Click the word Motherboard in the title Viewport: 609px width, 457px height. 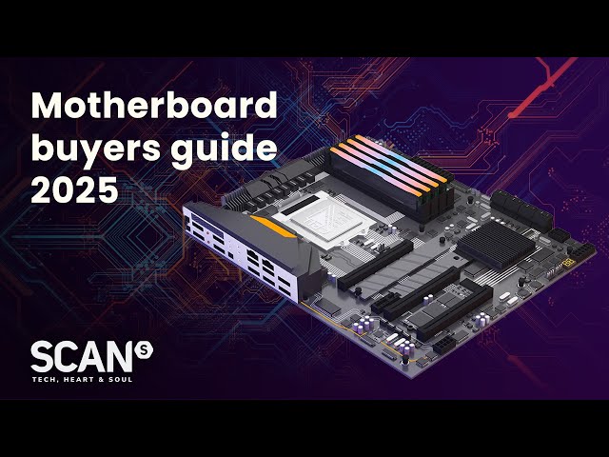[154, 105]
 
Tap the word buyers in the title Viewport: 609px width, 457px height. [95, 149]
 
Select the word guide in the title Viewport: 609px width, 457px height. [225, 149]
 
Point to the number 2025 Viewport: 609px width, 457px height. [74, 189]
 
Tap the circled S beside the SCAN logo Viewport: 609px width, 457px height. [144, 351]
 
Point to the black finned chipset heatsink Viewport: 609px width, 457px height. [496, 244]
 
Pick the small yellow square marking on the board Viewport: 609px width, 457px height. [570, 263]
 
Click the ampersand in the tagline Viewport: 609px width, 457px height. [102, 379]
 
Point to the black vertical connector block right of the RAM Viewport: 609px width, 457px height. [521, 211]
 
